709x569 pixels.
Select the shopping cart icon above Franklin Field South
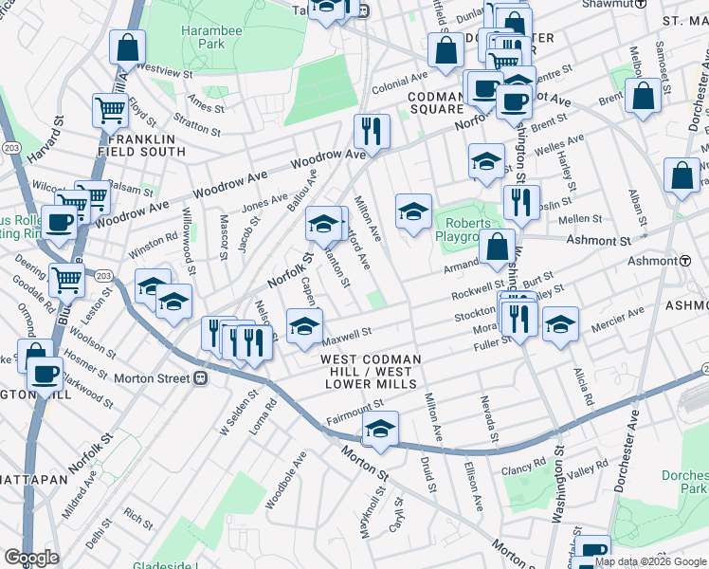(x=111, y=111)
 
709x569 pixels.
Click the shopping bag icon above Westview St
(x=126, y=46)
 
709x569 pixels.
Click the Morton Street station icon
(x=200, y=378)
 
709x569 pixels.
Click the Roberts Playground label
(x=463, y=230)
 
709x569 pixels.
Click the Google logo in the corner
(x=32, y=558)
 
